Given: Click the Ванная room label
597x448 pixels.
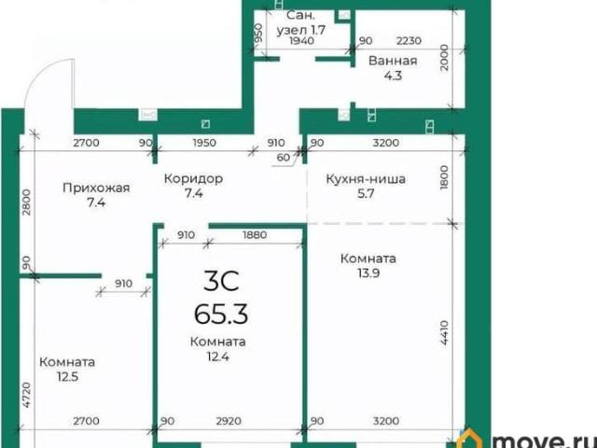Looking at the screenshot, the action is pos(393,61).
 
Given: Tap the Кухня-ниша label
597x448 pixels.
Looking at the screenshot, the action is pos(366,179).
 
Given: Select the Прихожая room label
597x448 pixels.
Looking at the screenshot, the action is pos(96,188).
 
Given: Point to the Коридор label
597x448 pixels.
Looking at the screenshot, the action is pos(193,178).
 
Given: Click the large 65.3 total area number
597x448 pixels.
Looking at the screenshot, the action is pos(221,314).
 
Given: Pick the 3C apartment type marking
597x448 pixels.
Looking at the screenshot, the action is pos(221,281).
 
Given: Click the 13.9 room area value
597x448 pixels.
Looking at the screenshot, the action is pos(368,273).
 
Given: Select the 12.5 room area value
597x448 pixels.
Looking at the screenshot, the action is pos(67,377).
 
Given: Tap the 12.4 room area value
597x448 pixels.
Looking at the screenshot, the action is pos(218,357).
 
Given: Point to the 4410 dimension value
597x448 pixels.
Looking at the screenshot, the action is pos(445,333).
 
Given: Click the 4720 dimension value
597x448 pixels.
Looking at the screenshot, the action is pos(27,395).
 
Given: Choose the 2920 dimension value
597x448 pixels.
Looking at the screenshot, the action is pos(229,421).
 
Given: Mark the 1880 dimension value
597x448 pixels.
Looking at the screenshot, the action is pos(255,235).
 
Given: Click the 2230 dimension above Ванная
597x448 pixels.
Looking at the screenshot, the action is pos(409,40).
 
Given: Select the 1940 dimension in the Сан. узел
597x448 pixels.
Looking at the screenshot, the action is pos(302,40).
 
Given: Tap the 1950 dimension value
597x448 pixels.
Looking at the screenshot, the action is pos(204,143).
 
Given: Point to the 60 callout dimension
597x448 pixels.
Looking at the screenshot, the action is pos(284,157).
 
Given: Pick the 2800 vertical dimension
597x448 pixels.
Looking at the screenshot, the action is pos(27,203).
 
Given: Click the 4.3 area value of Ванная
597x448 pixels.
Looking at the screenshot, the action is pos(393,76).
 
